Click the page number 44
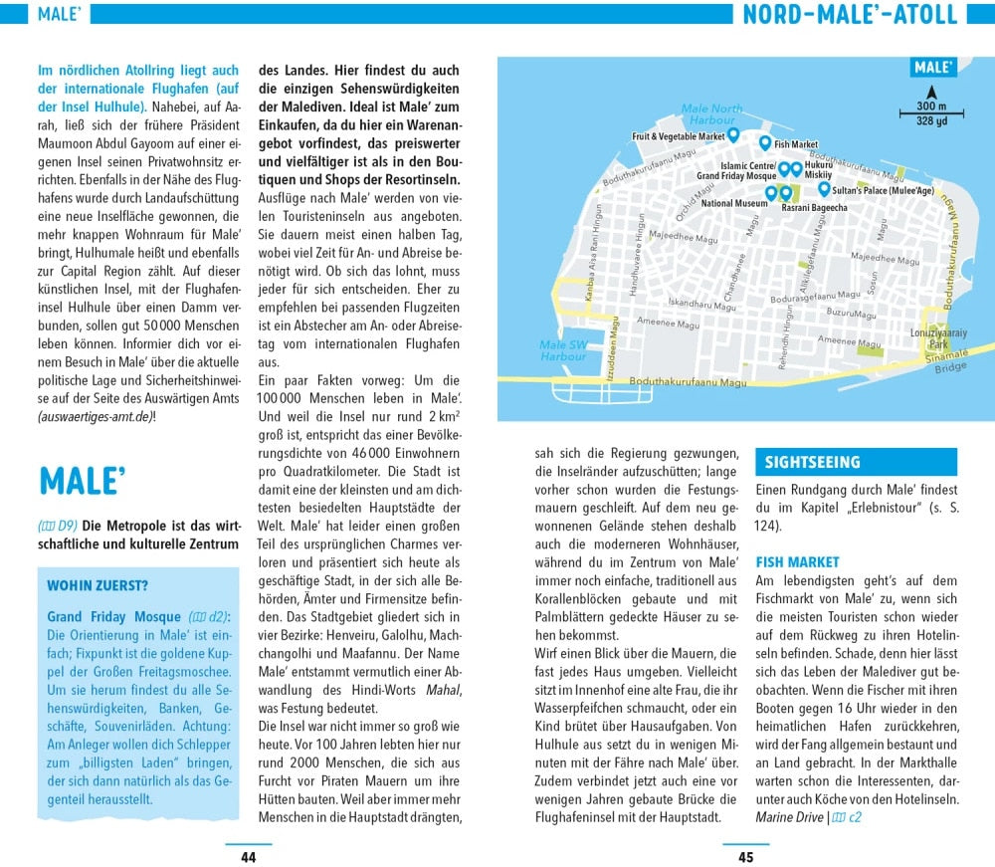pos(248,857)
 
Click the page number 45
pos(745,857)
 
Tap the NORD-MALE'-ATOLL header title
pos(850,15)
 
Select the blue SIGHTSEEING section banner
pos(856,462)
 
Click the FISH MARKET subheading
pos(797,562)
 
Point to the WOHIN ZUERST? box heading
pos(98,584)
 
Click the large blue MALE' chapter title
pos(82,482)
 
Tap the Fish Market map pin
pos(765,144)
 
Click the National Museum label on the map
pos(734,204)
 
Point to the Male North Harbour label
pos(711,114)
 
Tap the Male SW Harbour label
pos(563,350)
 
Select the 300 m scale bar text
pos(931,107)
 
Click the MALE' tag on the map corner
pos(932,68)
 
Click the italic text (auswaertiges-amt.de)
pos(95,417)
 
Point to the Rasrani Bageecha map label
pos(814,208)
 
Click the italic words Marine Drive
pos(789,817)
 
